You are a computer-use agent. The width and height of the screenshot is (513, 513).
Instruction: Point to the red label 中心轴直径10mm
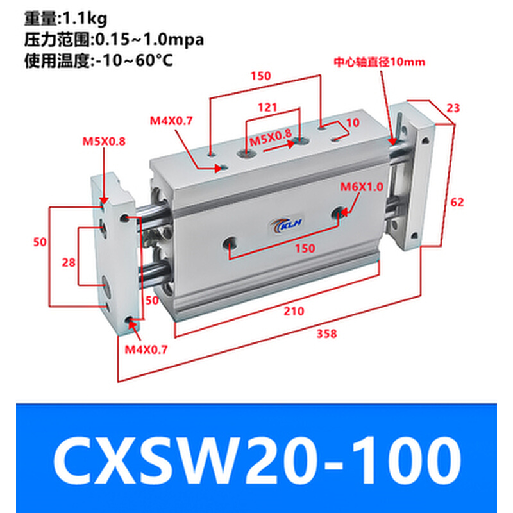pyautogui.click(x=380, y=63)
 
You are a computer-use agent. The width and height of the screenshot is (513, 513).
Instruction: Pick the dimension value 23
pyautogui.click(x=453, y=108)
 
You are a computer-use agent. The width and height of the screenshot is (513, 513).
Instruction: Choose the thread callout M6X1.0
pyautogui.click(x=361, y=186)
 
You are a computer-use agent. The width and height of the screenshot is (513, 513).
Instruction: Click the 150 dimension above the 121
pyautogui.click(x=261, y=75)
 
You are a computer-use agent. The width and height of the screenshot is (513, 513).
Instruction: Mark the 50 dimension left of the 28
pyautogui.click(x=39, y=242)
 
